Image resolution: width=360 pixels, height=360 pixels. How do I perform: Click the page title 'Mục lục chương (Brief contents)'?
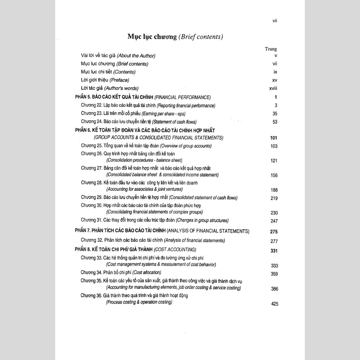coord(175,37)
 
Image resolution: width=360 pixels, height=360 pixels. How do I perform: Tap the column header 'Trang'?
coord(271,49)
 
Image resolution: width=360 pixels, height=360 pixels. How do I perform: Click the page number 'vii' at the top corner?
coord(274,21)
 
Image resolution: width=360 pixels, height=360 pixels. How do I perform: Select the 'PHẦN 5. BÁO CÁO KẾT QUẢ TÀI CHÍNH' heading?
coord(143,97)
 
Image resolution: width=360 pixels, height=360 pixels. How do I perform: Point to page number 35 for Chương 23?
coord(275,114)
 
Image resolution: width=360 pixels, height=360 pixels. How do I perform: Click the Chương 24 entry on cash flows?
coord(139,122)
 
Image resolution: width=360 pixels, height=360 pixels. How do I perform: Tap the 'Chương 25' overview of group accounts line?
coord(146,146)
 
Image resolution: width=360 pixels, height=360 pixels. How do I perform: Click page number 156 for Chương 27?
coord(274,176)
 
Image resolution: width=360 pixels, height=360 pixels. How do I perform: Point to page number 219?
coord(274,198)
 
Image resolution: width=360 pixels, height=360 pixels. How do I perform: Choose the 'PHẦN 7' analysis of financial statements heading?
coord(162,231)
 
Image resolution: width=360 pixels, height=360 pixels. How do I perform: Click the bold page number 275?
coord(274,232)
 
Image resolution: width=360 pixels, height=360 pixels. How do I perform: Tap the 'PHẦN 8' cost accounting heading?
coord(132,249)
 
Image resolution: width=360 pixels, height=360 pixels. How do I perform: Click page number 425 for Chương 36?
coord(274,304)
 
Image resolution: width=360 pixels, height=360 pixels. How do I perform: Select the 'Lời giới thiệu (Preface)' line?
coord(105,80)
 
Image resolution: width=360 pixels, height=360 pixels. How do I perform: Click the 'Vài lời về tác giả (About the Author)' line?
coord(118,56)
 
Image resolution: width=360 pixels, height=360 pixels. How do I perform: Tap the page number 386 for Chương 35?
coord(274,289)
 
